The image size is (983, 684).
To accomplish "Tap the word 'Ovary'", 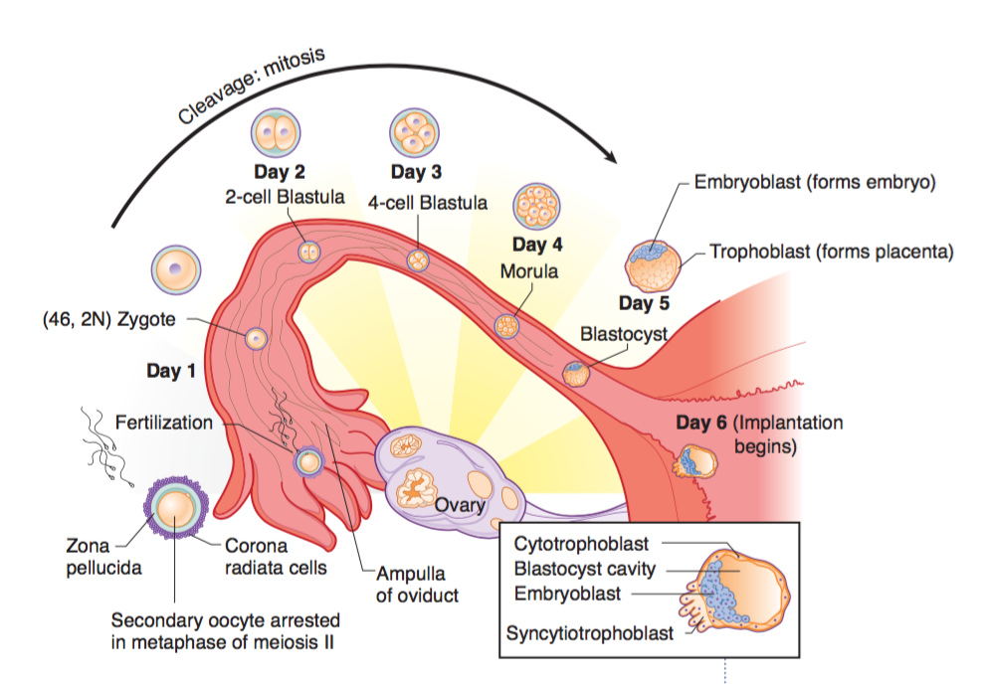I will tap(460, 505).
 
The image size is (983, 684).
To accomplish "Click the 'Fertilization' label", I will tap(164, 423).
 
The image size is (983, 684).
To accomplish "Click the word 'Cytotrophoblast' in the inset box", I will tap(581, 544).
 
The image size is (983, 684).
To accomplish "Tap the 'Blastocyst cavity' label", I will tap(585, 569).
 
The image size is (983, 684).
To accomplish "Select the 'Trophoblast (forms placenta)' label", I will tap(831, 251).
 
